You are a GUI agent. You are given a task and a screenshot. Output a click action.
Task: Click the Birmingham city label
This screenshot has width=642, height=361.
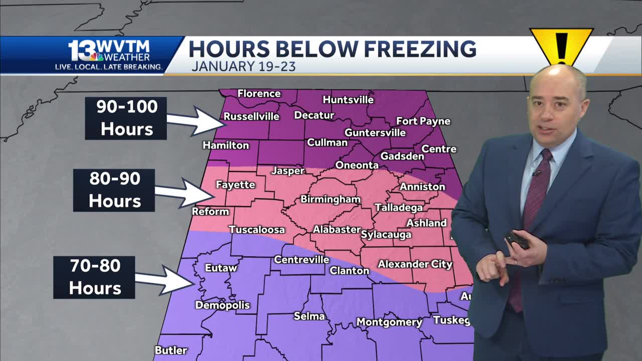pos(330,199)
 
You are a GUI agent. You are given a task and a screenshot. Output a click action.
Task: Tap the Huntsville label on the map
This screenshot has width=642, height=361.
pos(348,99)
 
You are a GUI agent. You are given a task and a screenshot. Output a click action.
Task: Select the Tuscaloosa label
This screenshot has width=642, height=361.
pos(257,230)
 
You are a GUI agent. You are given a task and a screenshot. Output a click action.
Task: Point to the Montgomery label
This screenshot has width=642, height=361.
pos(389,322)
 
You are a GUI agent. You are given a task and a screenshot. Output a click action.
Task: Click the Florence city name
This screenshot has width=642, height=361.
pos(259,94)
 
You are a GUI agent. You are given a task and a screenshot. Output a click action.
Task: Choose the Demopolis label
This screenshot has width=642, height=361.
pos(222,305)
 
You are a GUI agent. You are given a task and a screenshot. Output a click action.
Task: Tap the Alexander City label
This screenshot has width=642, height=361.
pos(415,264)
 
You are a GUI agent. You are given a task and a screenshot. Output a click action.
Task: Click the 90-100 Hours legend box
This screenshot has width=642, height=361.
pos(126,118)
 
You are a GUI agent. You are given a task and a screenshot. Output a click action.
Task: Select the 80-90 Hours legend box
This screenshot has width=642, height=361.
pos(114,190)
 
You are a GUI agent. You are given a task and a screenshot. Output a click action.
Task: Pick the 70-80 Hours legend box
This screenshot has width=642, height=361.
pos(94,277)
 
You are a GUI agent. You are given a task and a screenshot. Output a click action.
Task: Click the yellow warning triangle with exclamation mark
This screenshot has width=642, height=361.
pos(561,46)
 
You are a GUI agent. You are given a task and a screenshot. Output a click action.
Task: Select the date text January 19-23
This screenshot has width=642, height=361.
pos(243,66)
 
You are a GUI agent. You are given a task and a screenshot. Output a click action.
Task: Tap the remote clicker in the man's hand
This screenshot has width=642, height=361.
pos(517,240)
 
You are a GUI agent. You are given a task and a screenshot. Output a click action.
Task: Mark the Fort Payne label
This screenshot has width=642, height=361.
pos(423,121)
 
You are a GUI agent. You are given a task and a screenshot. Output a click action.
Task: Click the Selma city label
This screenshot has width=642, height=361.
pos(309,316)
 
